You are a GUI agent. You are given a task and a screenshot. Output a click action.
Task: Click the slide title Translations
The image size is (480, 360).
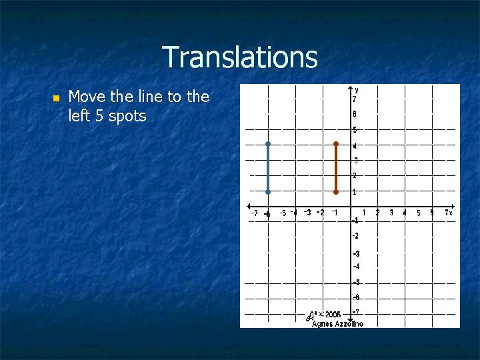pyautogui.click(x=240, y=57)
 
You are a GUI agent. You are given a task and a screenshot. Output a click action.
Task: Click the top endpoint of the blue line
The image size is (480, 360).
pyautogui.click(x=267, y=143)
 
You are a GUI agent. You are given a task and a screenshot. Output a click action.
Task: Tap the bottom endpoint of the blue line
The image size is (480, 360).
pyautogui.click(x=267, y=192)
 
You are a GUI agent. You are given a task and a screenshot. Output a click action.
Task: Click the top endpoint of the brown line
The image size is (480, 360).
pyautogui.click(x=336, y=143)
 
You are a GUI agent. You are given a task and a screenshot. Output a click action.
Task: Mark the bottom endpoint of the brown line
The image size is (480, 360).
pyautogui.click(x=336, y=192)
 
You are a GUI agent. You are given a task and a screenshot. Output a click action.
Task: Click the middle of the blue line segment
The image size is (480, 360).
pyautogui.click(x=267, y=168)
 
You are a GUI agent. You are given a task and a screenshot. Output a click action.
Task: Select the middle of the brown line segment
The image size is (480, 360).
pyautogui.click(x=336, y=168)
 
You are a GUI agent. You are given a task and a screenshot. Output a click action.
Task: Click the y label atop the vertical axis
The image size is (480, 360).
pyautogui.click(x=357, y=89)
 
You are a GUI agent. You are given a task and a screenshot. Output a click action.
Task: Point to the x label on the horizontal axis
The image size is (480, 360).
pyautogui.click(x=451, y=213)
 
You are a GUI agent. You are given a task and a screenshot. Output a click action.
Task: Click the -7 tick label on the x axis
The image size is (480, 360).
pyautogui.click(x=254, y=213)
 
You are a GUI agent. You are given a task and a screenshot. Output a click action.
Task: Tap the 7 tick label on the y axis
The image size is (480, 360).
pyautogui.click(x=355, y=99)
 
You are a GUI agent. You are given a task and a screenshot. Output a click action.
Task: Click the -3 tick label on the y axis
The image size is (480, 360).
pyautogui.click(x=356, y=254)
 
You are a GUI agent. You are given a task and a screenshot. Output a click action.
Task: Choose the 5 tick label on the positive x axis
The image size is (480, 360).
pyautogui.click(x=419, y=213)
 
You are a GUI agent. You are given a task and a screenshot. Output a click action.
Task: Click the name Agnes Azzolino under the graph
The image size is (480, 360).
pyautogui.click(x=337, y=323)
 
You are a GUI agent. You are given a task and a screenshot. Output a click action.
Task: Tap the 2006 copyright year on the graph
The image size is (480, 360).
pyautogui.click(x=333, y=314)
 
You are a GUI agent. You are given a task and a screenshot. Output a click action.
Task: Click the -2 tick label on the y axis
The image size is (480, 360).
pyautogui.click(x=356, y=236)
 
